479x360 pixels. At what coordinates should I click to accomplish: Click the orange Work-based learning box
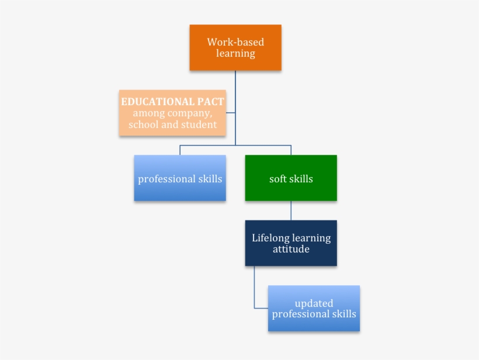(x=235, y=47)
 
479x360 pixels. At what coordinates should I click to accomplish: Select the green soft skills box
(x=291, y=178)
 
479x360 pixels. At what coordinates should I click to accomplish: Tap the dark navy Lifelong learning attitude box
(x=291, y=243)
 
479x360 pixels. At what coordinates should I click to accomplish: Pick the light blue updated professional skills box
(x=314, y=309)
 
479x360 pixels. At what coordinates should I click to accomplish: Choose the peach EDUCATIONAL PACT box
(x=172, y=113)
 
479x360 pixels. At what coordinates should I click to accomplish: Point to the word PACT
(x=210, y=102)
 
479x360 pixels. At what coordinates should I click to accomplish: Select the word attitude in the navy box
(x=291, y=249)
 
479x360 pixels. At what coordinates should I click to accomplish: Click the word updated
(x=314, y=303)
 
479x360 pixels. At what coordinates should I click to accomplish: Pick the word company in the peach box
(x=189, y=113)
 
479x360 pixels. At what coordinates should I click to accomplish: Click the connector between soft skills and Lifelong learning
(x=291, y=210)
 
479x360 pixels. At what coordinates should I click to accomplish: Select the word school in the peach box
(x=143, y=124)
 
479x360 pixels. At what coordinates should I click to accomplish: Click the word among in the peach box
(x=149, y=113)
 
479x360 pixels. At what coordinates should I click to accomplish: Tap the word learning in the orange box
(x=235, y=53)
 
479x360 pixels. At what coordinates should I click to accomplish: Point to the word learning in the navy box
(x=311, y=238)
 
